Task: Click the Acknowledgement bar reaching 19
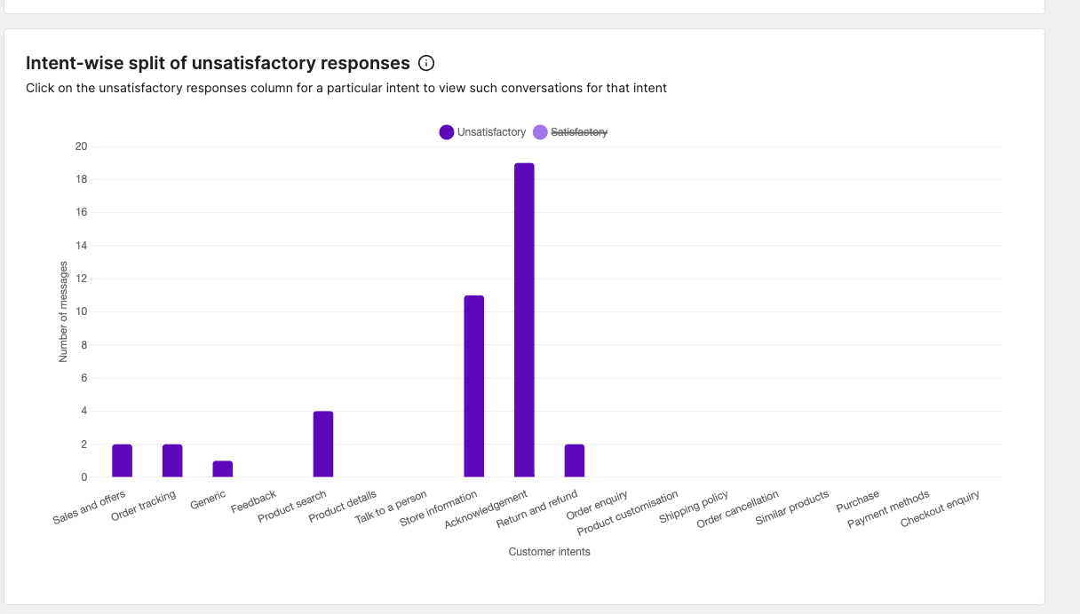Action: click(524, 319)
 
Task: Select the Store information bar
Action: click(474, 386)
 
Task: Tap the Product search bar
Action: click(323, 444)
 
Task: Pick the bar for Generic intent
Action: click(223, 468)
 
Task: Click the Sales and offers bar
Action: click(123, 460)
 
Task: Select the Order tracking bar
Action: click(172, 460)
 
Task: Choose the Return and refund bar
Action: click(575, 460)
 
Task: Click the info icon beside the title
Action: click(426, 63)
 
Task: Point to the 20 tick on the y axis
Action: click(82, 146)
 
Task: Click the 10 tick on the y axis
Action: click(82, 311)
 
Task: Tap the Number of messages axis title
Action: click(63, 311)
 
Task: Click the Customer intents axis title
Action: click(549, 552)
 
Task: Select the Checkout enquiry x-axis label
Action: click(940, 508)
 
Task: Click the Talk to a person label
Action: click(391, 508)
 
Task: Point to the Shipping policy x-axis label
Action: click(694, 507)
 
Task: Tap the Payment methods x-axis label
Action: click(888, 509)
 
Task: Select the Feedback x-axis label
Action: click(254, 501)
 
